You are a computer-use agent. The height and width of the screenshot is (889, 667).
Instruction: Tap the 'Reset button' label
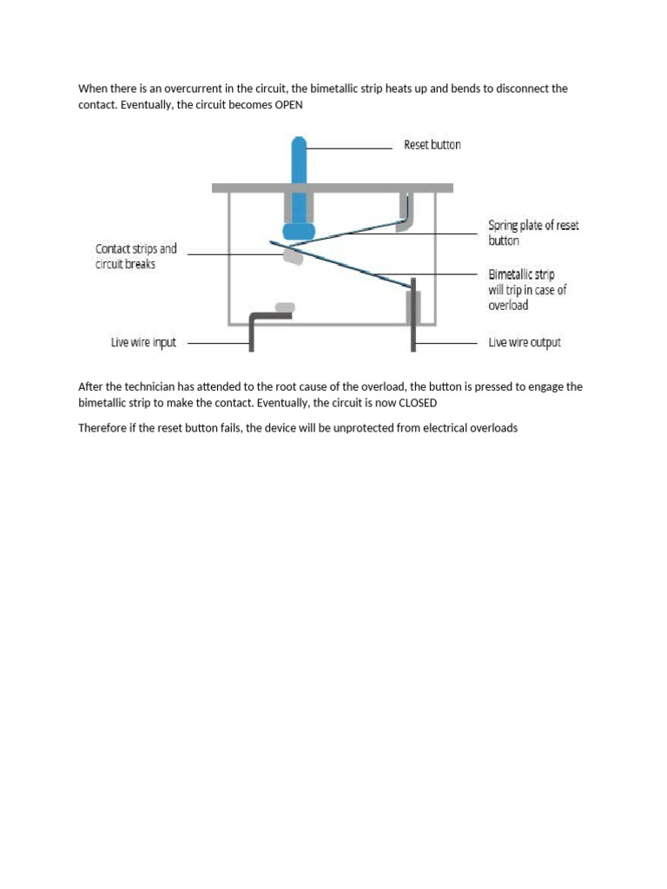point(432,145)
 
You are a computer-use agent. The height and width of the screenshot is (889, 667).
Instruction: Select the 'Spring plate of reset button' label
point(532,233)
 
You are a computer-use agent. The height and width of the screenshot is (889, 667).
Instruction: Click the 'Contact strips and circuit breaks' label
point(135,256)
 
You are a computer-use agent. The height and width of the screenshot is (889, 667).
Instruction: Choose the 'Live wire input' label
point(143,343)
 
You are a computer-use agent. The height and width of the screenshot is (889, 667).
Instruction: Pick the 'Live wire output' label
point(524,343)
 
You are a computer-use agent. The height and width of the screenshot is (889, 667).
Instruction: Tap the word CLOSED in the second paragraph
point(417,404)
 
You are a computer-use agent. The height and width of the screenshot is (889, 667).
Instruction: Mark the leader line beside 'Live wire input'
point(217,343)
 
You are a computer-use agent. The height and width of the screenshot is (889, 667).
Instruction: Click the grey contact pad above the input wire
point(284,307)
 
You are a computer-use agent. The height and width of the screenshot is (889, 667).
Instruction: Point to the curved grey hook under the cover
point(406,213)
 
